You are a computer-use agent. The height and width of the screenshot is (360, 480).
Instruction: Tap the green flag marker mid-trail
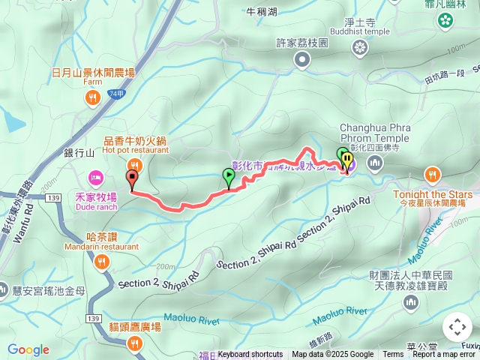click(x=229, y=178)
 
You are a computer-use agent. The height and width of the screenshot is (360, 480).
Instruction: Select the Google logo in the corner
click(x=28, y=349)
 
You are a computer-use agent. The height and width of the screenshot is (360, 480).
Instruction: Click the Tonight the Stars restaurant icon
click(x=433, y=175)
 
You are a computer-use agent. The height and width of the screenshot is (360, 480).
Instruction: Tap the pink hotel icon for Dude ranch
click(x=95, y=178)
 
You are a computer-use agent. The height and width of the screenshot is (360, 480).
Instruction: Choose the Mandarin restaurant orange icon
click(x=102, y=261)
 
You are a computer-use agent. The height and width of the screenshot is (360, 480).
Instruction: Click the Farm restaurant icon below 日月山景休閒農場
click(x=93, y=96)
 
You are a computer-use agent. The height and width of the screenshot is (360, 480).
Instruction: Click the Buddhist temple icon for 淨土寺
click(x=361, y=49)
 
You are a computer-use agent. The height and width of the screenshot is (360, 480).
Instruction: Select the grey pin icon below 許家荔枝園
click(x=302, y=59)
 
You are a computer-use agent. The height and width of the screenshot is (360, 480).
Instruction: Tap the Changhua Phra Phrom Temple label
click(x=375, y=133)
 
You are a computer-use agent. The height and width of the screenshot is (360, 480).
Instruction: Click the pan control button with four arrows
click(x=457, y=327)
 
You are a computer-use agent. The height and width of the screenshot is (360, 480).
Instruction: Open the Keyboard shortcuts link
click(x=250, y=355)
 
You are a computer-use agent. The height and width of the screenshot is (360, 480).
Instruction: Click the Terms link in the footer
click(x=393, y=355)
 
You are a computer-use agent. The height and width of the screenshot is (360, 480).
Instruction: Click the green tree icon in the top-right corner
click(x=447, y=19)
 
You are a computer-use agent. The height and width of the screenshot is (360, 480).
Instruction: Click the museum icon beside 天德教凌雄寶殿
click(x=410, y=301)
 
